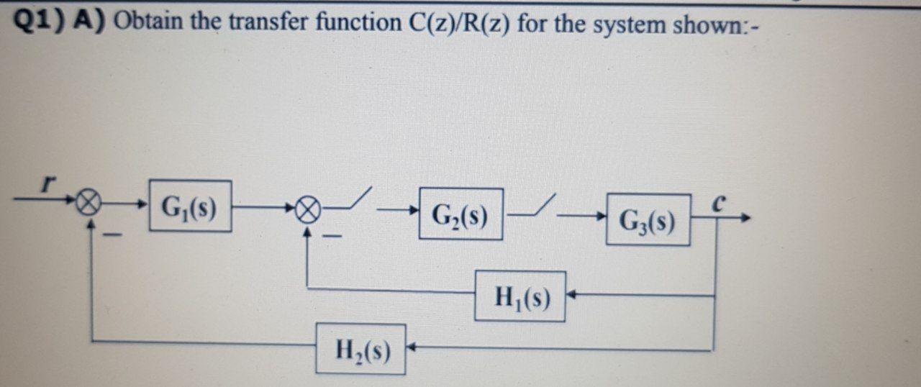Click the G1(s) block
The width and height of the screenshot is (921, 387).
click(x=190, y=206)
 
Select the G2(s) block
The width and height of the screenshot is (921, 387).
click(x=460, y=214)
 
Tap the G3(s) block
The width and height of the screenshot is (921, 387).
click(x=648, y=219)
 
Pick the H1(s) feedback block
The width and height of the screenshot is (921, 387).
click(x=520, y=296)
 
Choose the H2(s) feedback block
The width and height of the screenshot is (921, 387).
click(x=360, y=350)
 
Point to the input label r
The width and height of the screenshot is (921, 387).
click(x=48, y=185)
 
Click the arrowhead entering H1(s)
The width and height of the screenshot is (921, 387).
click(x=571, y=295)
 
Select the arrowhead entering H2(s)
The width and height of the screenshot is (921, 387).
click(x=413, y=350)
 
